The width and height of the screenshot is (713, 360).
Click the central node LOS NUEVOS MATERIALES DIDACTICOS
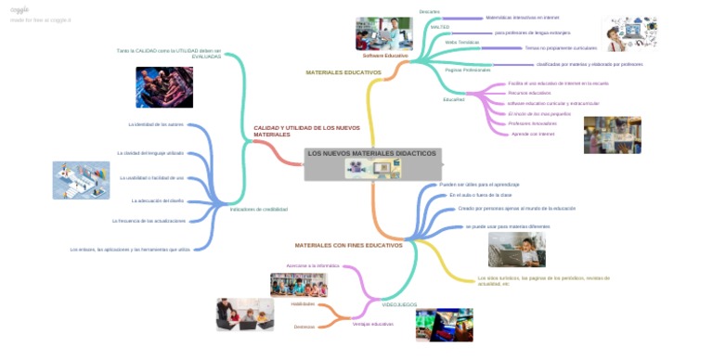pos(371,153)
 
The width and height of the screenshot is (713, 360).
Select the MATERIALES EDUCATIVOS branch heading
pos(344,72)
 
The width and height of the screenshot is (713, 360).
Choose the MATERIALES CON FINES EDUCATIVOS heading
pos(348,245)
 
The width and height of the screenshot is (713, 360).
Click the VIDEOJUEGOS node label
pos(399,304)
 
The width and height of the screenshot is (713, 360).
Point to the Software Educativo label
pos(384,56)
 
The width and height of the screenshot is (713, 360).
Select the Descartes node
pos(429,11)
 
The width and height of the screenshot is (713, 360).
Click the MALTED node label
pos(440,27)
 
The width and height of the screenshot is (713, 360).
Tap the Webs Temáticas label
pos(461,42)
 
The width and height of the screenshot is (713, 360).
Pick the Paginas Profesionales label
pos(468,70)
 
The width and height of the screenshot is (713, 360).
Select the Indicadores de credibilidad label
pos(258,209)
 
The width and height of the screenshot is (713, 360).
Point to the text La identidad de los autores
pos(156,123)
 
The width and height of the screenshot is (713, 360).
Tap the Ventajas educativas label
pos(372,324)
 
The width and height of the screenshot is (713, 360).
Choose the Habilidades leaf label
pos(303,303)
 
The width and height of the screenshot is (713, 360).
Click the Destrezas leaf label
pos(304,327)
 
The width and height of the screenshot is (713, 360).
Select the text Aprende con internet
pos(533,134)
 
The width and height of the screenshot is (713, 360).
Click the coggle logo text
pos(20,9)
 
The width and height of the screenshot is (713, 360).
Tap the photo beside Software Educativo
pos(383,34)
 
